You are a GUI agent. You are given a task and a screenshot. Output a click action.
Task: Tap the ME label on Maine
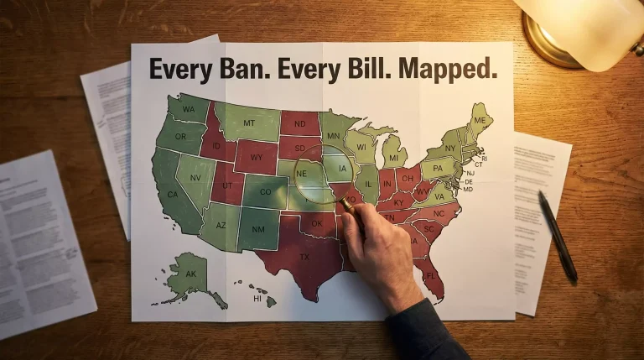point(480,121)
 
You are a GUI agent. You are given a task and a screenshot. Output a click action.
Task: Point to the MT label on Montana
point(248,123)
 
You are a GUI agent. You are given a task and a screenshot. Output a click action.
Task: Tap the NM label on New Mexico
point(259,228)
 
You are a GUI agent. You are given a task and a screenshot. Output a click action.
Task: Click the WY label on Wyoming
point(257,156)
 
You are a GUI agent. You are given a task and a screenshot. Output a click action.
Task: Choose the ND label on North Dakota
point(299,123)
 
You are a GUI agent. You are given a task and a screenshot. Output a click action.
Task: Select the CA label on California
point(173,196)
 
